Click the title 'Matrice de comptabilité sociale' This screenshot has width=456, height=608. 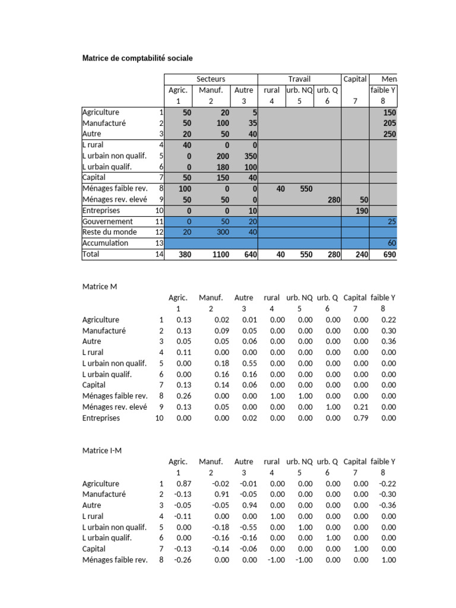(137, 58)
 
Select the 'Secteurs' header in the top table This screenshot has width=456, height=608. (211, 79)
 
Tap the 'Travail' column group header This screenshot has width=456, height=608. (299, 79)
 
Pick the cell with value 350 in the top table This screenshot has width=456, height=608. (247, 156)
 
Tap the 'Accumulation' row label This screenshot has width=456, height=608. (105, 243)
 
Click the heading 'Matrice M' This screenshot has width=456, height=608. (99, 286)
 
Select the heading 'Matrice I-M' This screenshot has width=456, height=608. (102, 451)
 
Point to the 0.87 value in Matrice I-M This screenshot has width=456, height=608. (183, 483)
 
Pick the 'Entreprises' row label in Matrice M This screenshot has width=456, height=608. (101, 418)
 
